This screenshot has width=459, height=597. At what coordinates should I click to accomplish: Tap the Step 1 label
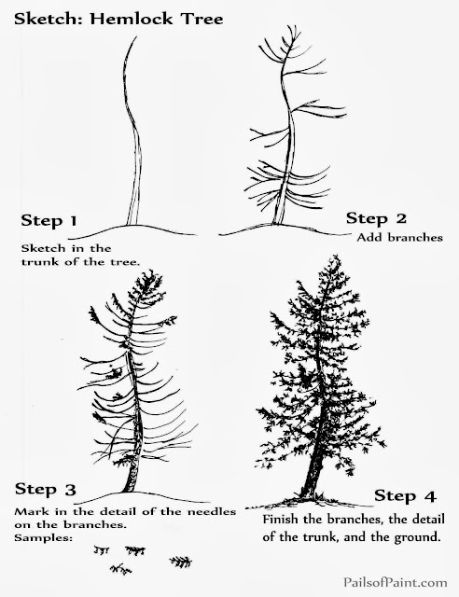[49, 220]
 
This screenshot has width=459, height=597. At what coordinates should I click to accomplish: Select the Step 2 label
[376, 218]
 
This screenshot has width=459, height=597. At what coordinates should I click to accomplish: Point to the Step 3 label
[46, 489]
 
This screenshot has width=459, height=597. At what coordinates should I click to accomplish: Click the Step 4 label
[405, 495]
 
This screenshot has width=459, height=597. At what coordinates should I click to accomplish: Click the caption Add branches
[399, 238]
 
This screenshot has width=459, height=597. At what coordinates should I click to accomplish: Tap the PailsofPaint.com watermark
[395, 582]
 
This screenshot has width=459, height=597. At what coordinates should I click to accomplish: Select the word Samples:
[44, 538]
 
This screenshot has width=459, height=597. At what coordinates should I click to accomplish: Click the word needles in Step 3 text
[212, 511]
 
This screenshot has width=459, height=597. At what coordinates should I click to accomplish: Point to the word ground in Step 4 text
[417, 537]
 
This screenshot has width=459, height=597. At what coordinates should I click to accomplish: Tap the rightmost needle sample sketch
[181, 562]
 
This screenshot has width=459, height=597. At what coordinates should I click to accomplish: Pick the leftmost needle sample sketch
[101, 549]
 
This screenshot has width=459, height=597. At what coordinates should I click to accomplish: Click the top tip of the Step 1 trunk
[136, 36]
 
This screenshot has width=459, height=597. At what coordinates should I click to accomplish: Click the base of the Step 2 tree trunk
[277, 223]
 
